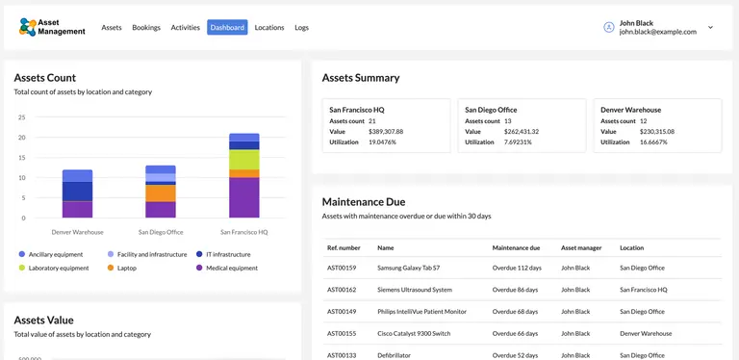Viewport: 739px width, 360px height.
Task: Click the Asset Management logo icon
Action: click(x=28, y=27)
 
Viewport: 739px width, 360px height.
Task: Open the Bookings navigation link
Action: click(x=146, y=28)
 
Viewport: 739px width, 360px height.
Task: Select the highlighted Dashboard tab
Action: click(x=227, y=28)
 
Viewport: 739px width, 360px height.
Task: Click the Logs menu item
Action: click(x=302, y=28)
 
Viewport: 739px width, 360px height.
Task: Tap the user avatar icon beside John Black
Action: click(x=608, y=27)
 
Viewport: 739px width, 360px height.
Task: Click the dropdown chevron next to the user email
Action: click(x=710, y=28)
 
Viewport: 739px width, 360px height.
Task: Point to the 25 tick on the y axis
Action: click(x=21, y=117)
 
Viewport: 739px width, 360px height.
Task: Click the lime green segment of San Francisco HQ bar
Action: click(x=243, y=159)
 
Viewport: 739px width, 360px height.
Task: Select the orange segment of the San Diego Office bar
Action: click(x=160, y=193)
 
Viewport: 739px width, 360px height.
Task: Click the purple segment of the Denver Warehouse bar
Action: click(x=77, y=209)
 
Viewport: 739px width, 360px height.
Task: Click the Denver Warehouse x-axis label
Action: click(x=77, y=232)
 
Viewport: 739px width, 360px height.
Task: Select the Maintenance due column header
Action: click(x=516, y=247)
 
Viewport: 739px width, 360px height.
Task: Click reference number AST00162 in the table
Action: click(x=342, y=290)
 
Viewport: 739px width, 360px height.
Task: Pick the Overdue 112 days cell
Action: click(x=517, y=268)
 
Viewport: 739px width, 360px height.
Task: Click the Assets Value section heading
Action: click(x=43, y=320)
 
